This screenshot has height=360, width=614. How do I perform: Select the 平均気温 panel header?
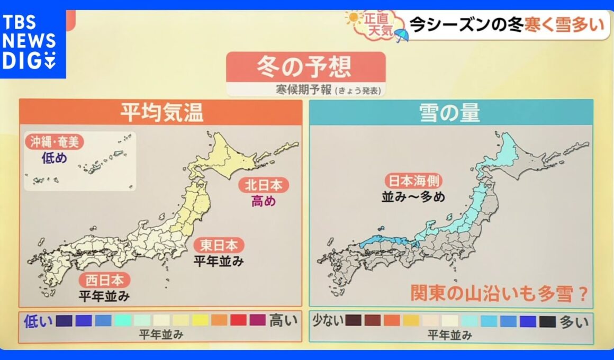(x=161, y=112)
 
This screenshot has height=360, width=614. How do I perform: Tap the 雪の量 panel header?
(x=450, y=112)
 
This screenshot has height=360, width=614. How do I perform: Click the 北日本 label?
(x=263, y=185)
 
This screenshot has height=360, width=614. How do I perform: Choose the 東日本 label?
(x=222, y=246)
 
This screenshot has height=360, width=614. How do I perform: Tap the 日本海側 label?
(x=413, y=181)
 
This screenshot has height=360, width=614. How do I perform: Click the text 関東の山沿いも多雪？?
(x=500, y=294)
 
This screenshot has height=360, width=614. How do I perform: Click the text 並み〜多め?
(x=413, y=197)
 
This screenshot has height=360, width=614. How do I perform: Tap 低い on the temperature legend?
(x=37, y=320)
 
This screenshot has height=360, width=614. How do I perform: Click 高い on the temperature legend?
(x=284, y=320)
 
